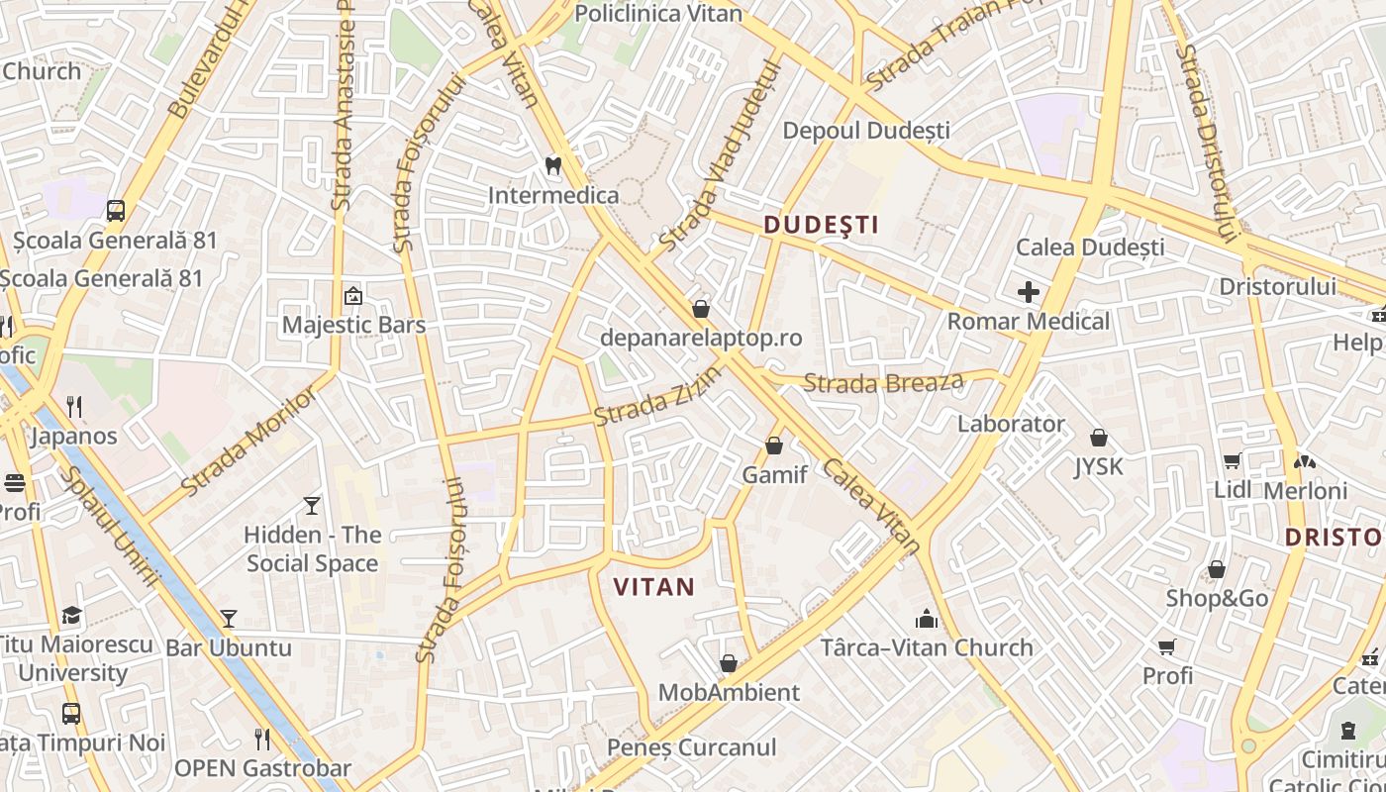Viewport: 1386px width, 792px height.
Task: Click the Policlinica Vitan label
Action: [x=657, y=13]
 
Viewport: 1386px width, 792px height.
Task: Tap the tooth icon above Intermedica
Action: [x=553, y=165]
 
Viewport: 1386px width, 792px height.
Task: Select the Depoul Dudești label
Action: [x=866, y=131]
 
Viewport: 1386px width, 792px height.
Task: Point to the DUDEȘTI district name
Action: [x=822, y=225]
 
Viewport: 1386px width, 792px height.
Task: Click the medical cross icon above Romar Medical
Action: [x=1029, y=292]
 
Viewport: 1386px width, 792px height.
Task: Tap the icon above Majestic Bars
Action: [x=352, y=295]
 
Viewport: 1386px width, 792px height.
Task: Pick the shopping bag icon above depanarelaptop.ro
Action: [x=701, y=309]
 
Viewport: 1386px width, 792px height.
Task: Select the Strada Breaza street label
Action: [x=883, y=382]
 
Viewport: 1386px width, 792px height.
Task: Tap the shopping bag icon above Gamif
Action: [x=774, y=446]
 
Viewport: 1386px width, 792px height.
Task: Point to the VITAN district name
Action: [x=653, y=587]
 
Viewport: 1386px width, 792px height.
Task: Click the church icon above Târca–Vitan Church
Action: [x=927, y=619]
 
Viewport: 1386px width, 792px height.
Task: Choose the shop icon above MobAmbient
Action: [x=729, y=663]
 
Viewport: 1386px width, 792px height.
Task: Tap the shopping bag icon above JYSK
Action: [x=1099, y=438]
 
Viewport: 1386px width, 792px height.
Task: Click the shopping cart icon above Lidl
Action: [x=1233, y=460]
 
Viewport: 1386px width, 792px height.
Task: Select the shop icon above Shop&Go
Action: [x=1217, y=569]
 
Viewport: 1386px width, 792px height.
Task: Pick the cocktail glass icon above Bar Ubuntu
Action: [x=229, y=619]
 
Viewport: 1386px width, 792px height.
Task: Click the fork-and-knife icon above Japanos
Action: [x=73, y=406]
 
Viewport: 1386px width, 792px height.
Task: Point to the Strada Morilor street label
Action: [x=249, y=442]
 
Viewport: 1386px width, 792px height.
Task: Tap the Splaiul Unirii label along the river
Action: [x=108, y=526]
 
